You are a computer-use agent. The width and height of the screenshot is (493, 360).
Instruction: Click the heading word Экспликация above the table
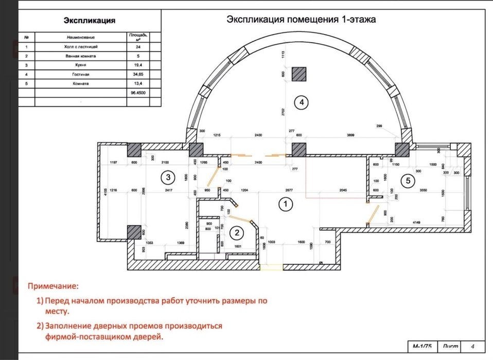coord(89,21)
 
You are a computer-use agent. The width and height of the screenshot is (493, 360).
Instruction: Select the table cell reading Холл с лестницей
coord(81,46)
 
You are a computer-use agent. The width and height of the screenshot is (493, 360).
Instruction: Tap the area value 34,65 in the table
coord(136,74)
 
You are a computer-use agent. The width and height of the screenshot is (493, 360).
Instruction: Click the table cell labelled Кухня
coord(81,65)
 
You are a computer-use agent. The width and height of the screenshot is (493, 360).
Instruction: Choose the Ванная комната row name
coord(81,56)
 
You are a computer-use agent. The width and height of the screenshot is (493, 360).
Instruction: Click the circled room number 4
coord(301,103)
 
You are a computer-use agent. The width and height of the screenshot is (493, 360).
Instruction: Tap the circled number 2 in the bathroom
coord(237,233)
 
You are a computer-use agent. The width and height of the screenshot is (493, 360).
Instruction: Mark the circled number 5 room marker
coord(408,180)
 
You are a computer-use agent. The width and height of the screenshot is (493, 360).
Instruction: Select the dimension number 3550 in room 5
coord(424,191)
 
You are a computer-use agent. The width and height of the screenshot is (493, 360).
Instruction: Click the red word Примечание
coord(54,285)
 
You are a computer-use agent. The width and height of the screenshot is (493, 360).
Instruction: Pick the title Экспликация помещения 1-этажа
coord(301,20)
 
